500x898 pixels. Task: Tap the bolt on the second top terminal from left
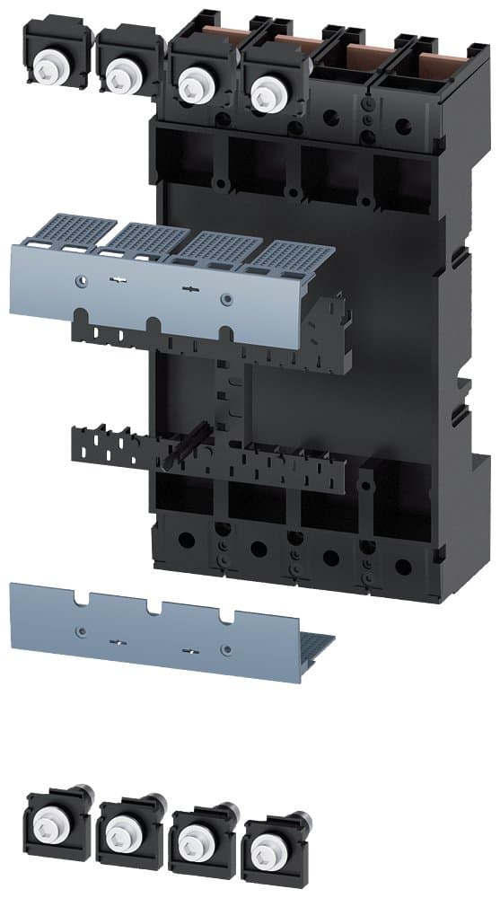click(118, 75)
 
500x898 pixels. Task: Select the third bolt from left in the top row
click(191, 85)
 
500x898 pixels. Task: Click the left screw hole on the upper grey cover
click(83, 280)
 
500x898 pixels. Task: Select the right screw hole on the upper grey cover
click(225, 299)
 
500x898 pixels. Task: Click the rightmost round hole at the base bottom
click(402, 567)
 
